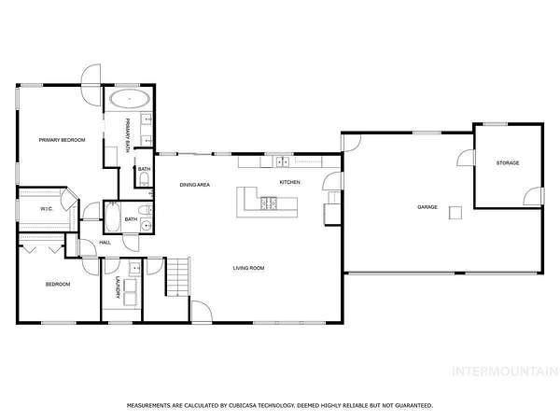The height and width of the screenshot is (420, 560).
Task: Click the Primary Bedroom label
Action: click(x=62, y=140)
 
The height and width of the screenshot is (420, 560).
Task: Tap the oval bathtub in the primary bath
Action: click(x=130, y=98)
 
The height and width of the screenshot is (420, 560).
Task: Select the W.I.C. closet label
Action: click(x=47, y=209)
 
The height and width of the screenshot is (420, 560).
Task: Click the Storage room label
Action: click(x=508, y=163)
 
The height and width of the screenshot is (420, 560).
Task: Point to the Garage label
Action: click(x=427, y=207)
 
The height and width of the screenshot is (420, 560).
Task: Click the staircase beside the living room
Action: click(x=177, y=276)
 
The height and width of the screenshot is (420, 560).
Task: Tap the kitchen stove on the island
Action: click(x=269, y=203)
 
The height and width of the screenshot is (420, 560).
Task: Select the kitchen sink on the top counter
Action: click(x=283, y=161)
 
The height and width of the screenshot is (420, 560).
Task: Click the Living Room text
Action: click(x=248, y=268)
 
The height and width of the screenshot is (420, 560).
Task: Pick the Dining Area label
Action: click(x=195, y=185)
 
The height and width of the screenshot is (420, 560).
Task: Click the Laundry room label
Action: click(x=118, y=287)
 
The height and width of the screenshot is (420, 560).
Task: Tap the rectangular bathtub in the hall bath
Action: click(x=113, y=217)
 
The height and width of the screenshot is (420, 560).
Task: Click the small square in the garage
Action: click(x=455, y=213)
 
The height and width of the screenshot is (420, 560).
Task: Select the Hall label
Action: click(x=105, y=243)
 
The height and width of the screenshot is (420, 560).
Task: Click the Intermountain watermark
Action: click(x=505, y=371)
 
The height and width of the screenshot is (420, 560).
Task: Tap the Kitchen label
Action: click(x=289, y=183)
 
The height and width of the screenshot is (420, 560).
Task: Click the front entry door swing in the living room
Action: click(x=202, y=312)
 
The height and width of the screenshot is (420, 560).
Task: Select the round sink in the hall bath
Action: click(x=147, y=226)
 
